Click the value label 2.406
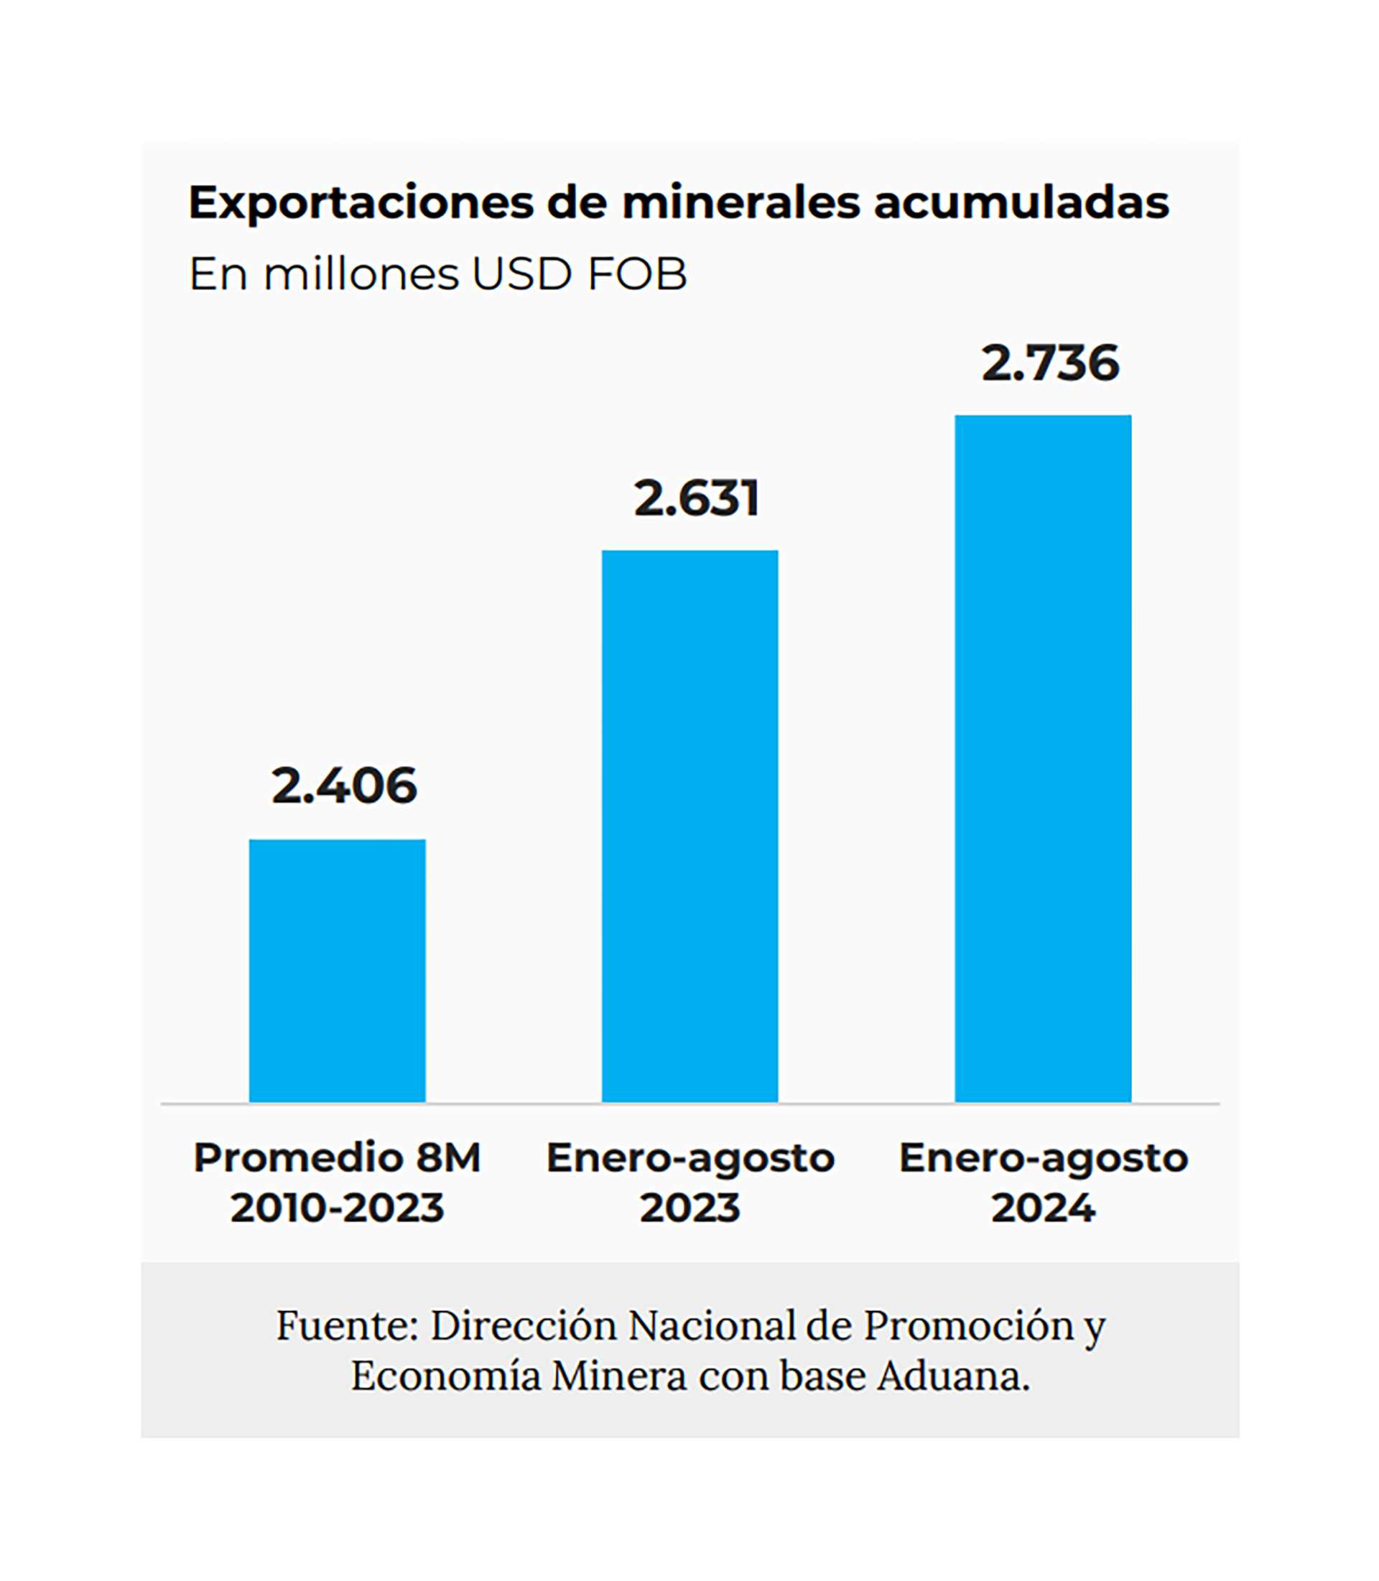(x=344, y=785)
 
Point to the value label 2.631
(x=697, y=498)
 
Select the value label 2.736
(x=1049, y=363)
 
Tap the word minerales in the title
(x=741, y=203)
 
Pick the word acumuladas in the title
(x=1021, y=203)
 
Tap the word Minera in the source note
(x=618, y=1376)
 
